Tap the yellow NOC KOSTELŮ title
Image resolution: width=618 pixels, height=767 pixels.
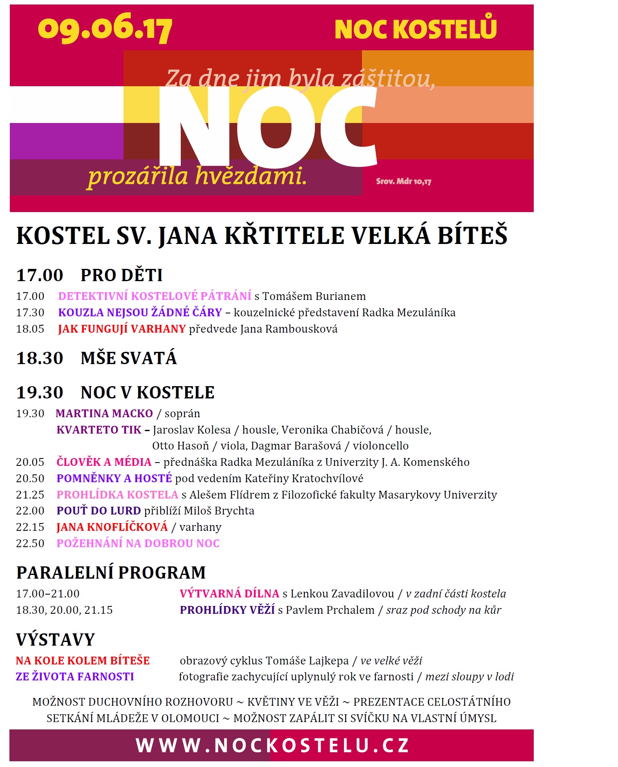tap(415, 29)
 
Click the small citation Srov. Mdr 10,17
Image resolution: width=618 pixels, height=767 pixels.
tap(403, 181)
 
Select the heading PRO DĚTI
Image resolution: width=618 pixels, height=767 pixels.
tap(121, 275)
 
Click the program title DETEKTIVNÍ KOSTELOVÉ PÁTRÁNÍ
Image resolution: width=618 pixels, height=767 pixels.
tap(155, 296)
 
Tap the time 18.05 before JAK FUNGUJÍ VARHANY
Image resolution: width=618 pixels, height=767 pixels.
tap(30, 329)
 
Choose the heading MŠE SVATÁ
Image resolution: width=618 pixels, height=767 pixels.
tap(128, 358)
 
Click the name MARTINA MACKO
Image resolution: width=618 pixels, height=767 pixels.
tap(104, 414)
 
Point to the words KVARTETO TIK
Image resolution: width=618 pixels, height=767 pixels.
tap(99, 430)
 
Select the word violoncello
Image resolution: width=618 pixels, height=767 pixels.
tap(380, 446)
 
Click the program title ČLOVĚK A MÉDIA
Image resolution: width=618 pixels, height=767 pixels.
tap(104, 462)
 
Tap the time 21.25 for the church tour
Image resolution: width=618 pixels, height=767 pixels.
tap(30, 495)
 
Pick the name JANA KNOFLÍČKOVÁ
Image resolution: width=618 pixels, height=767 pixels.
tap(112, 527)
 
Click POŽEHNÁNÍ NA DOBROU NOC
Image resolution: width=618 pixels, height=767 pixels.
tap(138, 543)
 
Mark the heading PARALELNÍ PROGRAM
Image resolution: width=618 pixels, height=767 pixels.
tap(111, 572)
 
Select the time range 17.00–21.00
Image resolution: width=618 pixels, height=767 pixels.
tap(48, 594)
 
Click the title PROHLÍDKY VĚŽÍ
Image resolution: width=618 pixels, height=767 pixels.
tap(227, 610)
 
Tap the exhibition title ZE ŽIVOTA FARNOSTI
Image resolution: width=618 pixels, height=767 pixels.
tap(75, 677)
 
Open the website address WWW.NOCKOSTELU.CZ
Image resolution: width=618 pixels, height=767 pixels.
tap(272, 745)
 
